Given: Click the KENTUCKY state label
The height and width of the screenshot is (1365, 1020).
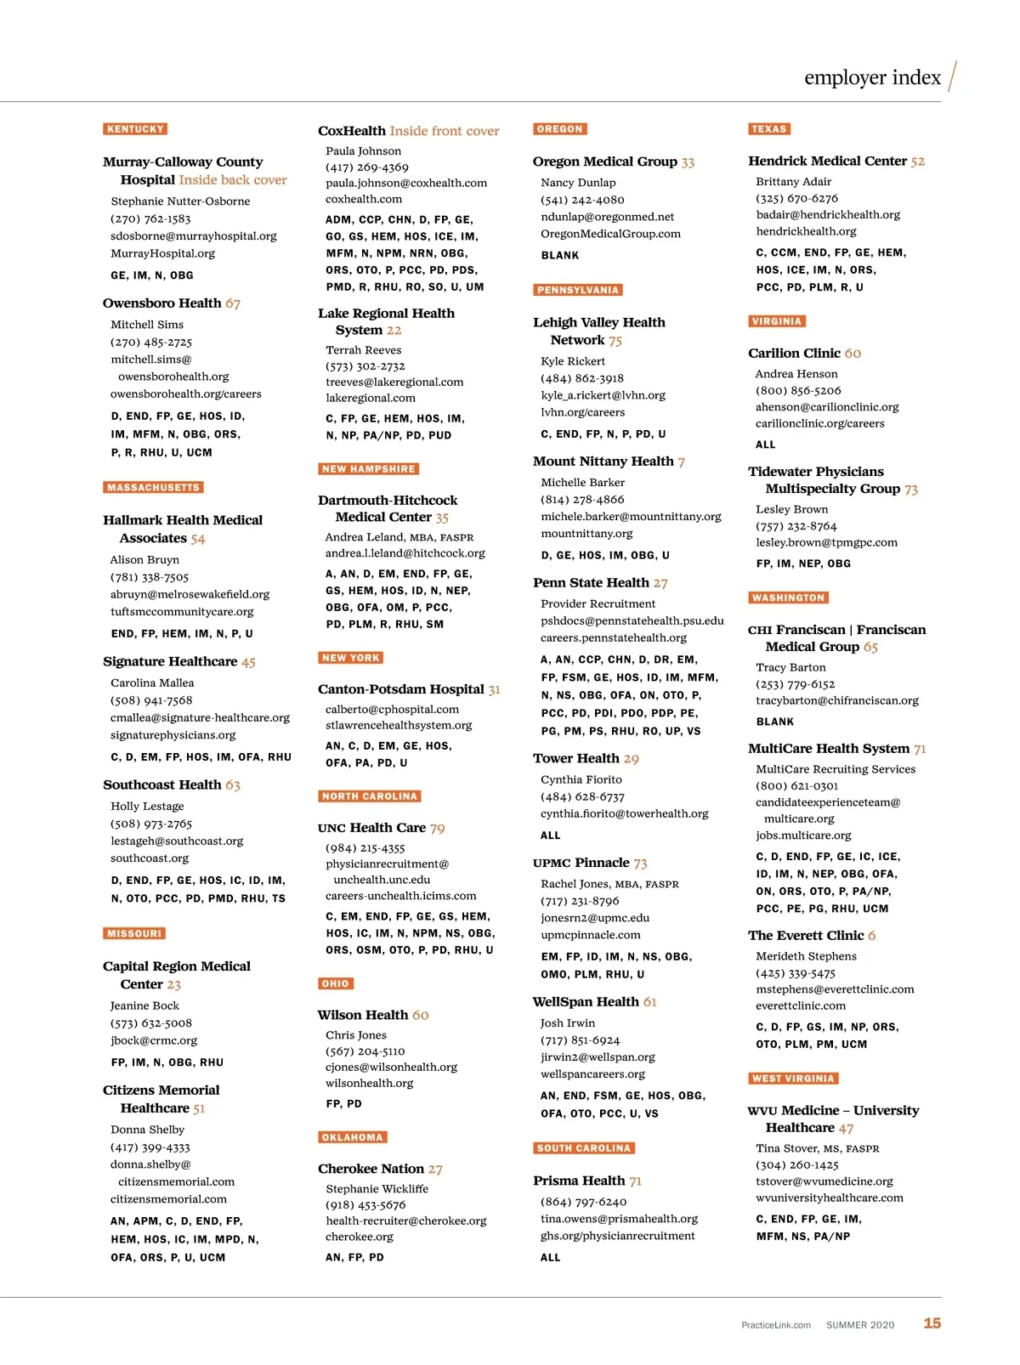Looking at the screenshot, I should (x=135, y=129).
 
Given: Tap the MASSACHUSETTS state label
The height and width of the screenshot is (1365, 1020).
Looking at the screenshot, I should (x=154, y=488).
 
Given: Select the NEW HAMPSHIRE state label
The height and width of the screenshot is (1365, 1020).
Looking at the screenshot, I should (x=369, y=469).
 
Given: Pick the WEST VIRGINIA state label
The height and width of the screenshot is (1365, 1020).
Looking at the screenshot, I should (x=793, y=1079).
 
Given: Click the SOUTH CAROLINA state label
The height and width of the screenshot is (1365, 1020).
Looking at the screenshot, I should (x=584, y=1148).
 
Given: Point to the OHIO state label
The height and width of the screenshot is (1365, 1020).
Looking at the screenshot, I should (x=335, y=983).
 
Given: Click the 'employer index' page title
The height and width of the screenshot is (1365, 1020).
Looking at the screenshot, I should (x=872, y=78).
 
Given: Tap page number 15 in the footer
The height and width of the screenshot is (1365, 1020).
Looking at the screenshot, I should (x=932, y=1323).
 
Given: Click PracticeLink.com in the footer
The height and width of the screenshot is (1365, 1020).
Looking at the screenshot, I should (x=775, y=1325).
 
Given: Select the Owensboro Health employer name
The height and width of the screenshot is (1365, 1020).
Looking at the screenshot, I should (x=161, y=303).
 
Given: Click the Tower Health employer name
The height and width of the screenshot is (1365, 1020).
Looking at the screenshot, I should (x=575, y=758).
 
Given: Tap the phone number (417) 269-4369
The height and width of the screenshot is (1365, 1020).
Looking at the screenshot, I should (x=367, y=167).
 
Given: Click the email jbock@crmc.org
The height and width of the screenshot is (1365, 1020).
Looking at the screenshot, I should (x=154, y=1040).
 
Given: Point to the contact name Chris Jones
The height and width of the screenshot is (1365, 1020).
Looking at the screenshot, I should (x=356, y=1035).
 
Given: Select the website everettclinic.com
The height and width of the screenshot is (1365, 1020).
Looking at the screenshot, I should (x=801, y=1005).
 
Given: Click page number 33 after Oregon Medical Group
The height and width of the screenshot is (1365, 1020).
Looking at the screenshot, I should (x=688, y=162).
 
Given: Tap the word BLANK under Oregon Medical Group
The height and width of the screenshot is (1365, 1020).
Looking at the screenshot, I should (x=560, y=256).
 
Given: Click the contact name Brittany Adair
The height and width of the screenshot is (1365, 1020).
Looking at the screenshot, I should (x=794, y=182).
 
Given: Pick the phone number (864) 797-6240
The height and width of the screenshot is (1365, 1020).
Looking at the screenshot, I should (x=583, y=1202).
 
